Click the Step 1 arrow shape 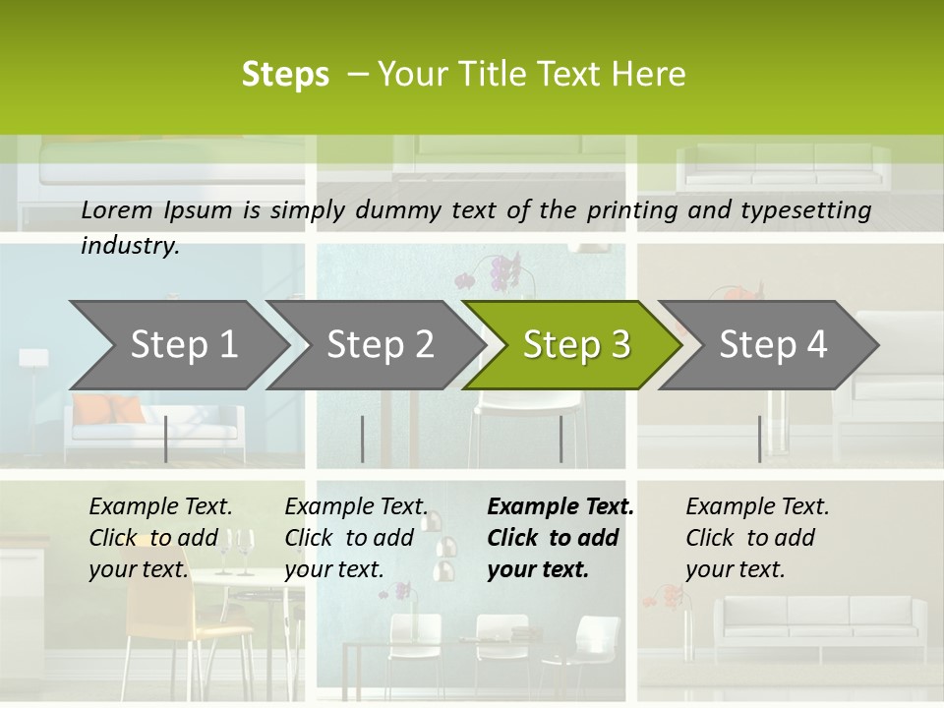[x=183, y=344]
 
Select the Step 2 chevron [x=380, y=344]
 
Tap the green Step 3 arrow [x=576, y=344]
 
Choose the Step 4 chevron [x=773, y=344]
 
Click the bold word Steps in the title [x=285, y=75]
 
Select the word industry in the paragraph [x=130, y=246]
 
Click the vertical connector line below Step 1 [x=165, y=439]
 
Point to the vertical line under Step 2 [x=362, y=439]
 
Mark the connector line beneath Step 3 [x=560, y=439]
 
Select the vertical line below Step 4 [x=759, y=439]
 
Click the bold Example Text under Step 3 [x=560, y=506]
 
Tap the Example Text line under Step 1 [x=160, y=506]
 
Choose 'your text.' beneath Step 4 [x=735, y=569]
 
